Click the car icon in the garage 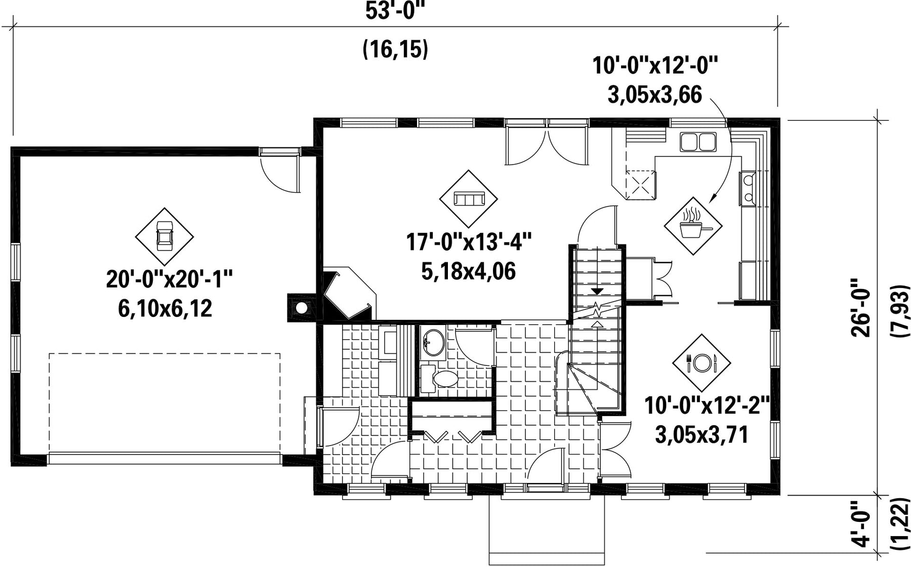(x=164, y=236)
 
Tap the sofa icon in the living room (x=469, y=198)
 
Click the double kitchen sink (x=698, y=142)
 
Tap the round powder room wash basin (x=432, y=342)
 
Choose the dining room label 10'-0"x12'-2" (x=707, y=406)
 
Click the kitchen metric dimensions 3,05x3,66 (x=654, y=94)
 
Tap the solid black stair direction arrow (x=597, y=292)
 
